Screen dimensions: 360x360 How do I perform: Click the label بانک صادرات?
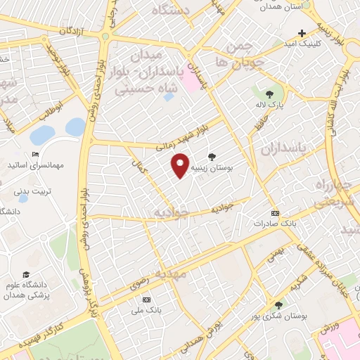pyautogui.click(x=274, y=224)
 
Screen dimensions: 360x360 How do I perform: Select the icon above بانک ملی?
pyautogui.click(x=145, y=298)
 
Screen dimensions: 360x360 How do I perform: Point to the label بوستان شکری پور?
pyautogui.click(x=278, y=316)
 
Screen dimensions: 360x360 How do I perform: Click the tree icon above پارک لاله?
pyautogui.click(x=269, y=95)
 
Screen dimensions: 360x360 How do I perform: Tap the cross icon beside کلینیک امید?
pyautogui.click(x=302, y=33)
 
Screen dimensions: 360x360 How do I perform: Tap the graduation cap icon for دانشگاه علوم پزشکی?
pyautogui.click(x=26, y=274)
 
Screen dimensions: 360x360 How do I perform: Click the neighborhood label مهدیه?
pyautogui.click(x=172, y=274)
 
